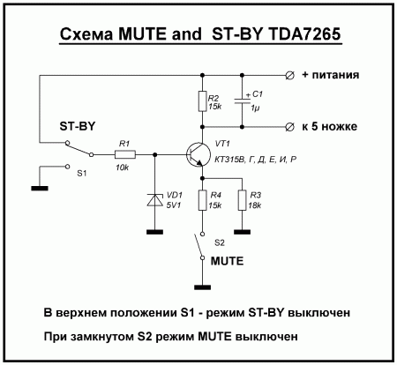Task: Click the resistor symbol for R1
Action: pyautogui.click(x=125, y=154)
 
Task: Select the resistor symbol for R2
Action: pyautogui.click(x=202, y=101)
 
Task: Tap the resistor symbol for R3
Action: pyautogui.click(x=242, y=200)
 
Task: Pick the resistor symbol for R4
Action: pyautogui.click(x=202, y=200)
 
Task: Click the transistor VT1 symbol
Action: pyautogui.click(x=198, y=155)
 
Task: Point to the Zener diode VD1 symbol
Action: pyautogui.click(x=155, y=200)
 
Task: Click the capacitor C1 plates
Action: pyautogui.click(x=242, y=101)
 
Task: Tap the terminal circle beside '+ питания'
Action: pyautogui.click(x=289, y=76)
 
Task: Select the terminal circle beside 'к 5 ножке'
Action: pyautogui.click(x=289, y=127)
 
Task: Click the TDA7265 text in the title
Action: pyautogui.click(x=304, y=34)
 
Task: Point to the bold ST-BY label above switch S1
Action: pyautogui.click(x=78, y=126)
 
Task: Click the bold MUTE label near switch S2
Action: pyautogui.click(x=227, y=261)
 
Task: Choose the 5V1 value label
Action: pyautogui.click(x=174, y=205)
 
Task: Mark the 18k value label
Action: pyautogui.click(x=255, y=205)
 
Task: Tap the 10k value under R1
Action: pyautogui.click(x=122, y=168)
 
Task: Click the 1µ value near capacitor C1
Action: pyautogui.click(x=255, y=108)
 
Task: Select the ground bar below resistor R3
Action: pyautogui.click(x=243, y=232)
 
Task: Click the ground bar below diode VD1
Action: pyautogui.click(x=155, y=232)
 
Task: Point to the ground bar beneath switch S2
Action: pyautogui.click(x=202, y=287)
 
